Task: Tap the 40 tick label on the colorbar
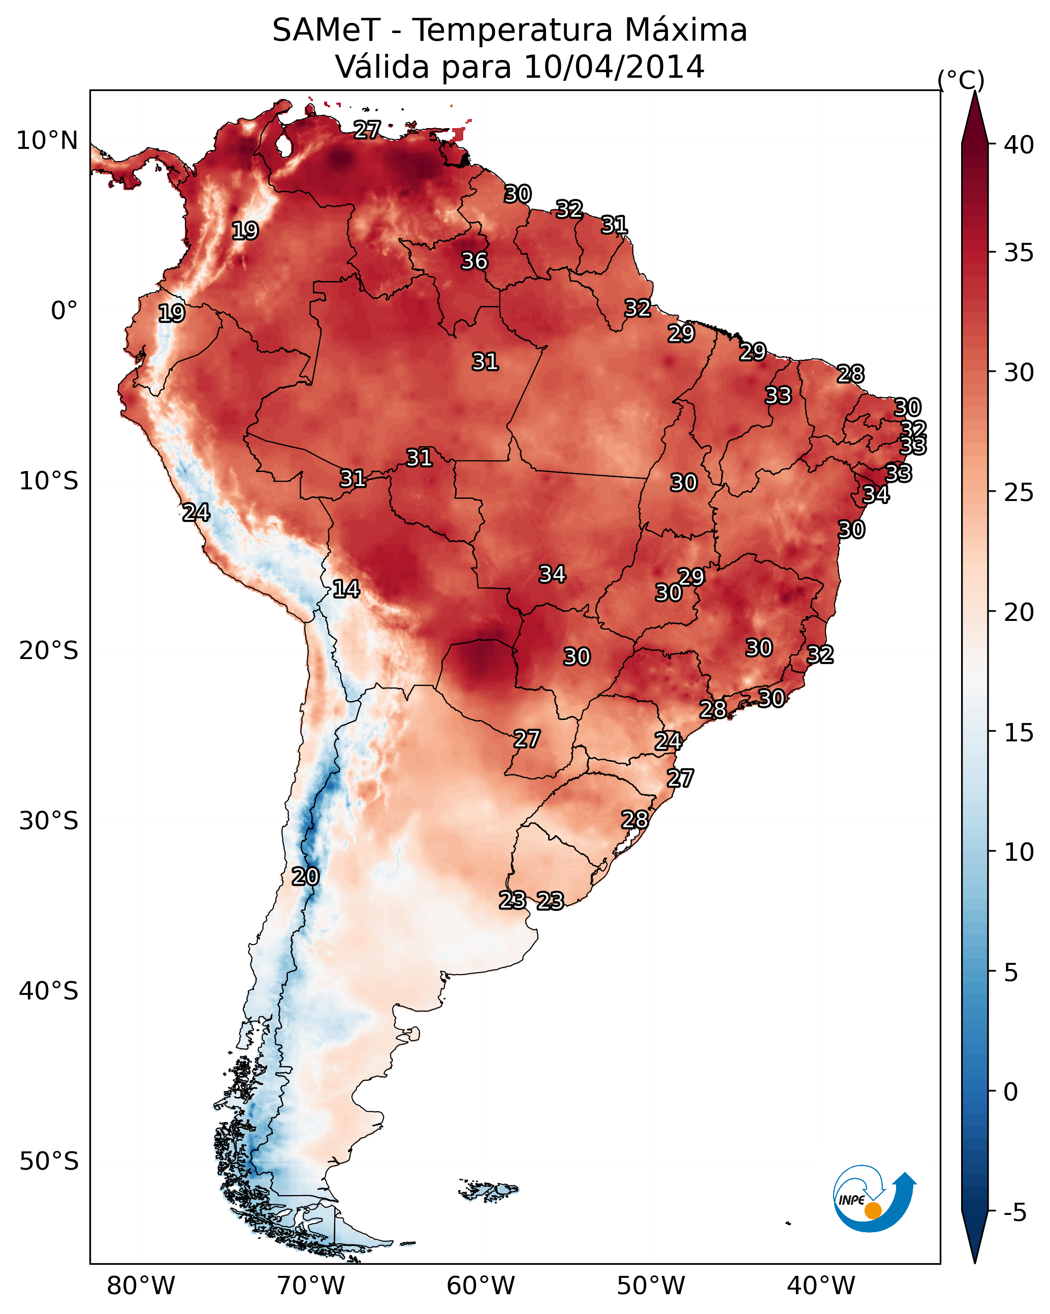1019,145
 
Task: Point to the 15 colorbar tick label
1019,733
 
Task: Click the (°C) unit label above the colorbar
961,80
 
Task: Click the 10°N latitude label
47,141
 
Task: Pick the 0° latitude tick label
64,311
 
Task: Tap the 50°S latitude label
49,1162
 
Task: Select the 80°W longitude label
141,1286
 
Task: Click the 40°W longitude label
821,1286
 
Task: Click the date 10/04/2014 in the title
614,67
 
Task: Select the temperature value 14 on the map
346,589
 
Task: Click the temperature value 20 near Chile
305,877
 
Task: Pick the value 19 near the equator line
172,314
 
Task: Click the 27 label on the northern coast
367,129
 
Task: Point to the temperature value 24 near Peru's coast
196,513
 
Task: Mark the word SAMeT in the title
326,30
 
